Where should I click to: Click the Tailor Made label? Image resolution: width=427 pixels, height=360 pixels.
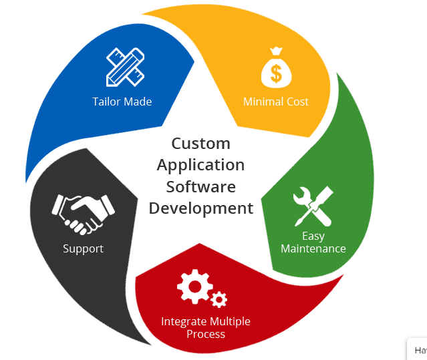tap(122, 102)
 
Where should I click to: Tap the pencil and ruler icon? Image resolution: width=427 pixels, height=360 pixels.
tap(125, 67)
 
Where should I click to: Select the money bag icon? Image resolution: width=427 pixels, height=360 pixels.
tap(276, 68)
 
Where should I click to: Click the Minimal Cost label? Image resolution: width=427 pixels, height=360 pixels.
tap(276, 102)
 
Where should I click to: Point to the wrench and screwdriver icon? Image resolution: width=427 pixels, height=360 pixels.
tap(313, 205)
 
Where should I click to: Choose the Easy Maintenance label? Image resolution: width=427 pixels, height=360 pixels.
tap(313, 242)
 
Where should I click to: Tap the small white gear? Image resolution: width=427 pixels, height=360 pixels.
tap(219, 299)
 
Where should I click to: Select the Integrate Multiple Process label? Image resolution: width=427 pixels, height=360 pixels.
tap(206, 327)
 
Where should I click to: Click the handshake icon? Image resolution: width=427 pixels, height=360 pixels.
tap(84, 213)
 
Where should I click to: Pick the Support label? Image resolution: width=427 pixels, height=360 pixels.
tap(84, 248)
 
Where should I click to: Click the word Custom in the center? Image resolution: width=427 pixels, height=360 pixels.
tap(200, 144)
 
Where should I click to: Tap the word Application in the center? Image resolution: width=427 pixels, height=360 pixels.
tap(200, 165)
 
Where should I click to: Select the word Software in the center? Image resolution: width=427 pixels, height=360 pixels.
tap(200, 186)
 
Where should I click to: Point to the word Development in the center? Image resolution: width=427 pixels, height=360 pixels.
tap(200, 208)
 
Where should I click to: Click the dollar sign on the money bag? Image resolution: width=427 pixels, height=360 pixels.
tap(276, 73)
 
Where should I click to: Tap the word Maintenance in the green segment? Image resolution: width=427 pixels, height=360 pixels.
tap(313, 248)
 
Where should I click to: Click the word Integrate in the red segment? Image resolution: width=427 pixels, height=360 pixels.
tap(184, 321)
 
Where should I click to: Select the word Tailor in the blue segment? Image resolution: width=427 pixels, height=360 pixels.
tap(106, 102)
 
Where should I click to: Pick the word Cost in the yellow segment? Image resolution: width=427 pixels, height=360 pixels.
tap(297, 102)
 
